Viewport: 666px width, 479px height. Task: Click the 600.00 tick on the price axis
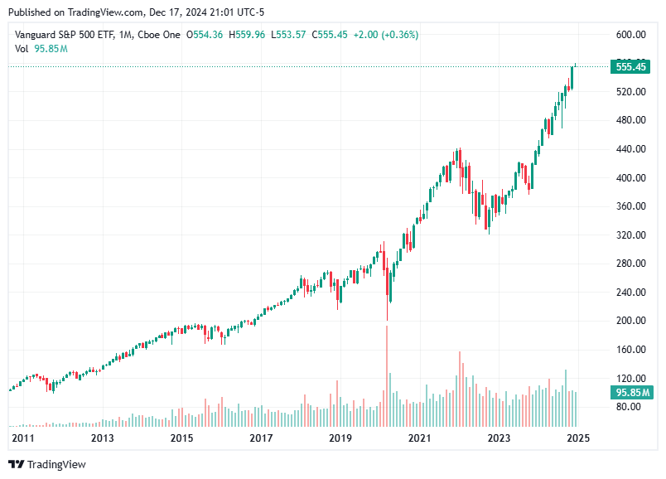630,34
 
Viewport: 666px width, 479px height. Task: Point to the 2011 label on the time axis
22,438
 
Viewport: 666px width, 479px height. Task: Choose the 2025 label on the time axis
577,438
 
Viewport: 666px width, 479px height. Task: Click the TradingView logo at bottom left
47,464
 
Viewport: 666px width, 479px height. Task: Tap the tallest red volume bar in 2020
387,365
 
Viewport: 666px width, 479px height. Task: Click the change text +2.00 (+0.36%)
385,34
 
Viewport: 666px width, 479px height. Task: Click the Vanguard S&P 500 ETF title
65,34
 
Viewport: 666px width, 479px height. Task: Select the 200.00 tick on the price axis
630,321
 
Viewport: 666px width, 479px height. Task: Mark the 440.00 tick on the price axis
630,149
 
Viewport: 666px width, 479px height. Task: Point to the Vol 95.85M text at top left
41,48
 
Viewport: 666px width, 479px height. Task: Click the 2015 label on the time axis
181,438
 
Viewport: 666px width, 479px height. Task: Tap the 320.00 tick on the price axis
630,235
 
